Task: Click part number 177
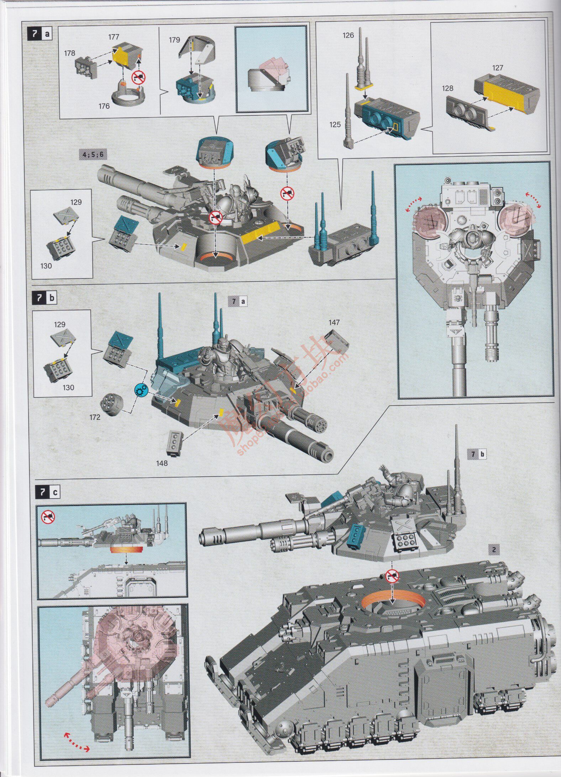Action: pyautogui.click(x=114, y=37)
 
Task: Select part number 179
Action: pyautogui.click(x=174, y=40)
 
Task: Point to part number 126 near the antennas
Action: pyautogui.click(x=348, y=35)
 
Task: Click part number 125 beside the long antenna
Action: pyautogui.click(x=335, y=125)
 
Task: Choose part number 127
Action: pyautogui.click(x=497, y=68)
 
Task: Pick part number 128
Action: pyautogui.click(x=448, y=88)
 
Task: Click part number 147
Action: pyautogui.click(x=335, y=323)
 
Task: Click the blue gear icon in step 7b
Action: pyautogui.click(x=141, y=389)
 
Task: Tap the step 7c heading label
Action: pyautogui.click(x=48, y=493)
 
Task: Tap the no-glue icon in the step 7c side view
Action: pyautogui.click(x=48, y=515)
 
